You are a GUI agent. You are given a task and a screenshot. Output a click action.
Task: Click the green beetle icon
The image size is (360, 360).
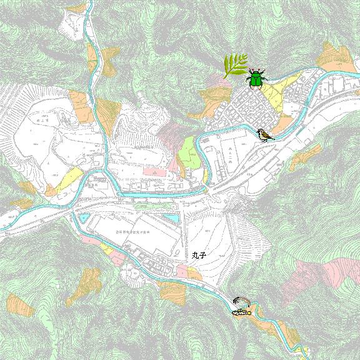pos(256,78)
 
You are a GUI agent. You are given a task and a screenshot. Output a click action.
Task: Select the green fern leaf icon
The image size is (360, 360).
pos(235,65)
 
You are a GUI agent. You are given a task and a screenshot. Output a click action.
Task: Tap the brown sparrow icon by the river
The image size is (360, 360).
pos(265,134)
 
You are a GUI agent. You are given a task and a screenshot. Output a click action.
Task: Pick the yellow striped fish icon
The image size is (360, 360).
pos(241,311)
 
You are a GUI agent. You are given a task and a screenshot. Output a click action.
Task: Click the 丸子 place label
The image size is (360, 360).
pos(199,256)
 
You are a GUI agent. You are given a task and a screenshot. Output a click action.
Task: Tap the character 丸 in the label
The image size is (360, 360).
pos(196,256)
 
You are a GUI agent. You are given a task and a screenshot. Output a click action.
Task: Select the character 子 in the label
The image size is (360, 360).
pos(203,256)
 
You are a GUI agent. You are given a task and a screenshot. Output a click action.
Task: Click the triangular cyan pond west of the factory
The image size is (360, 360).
pos(83,218)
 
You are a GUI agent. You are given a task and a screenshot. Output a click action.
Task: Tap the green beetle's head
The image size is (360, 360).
pos(256,72)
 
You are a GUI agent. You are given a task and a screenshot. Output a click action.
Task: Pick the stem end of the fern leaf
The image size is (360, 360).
pos(227,76)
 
